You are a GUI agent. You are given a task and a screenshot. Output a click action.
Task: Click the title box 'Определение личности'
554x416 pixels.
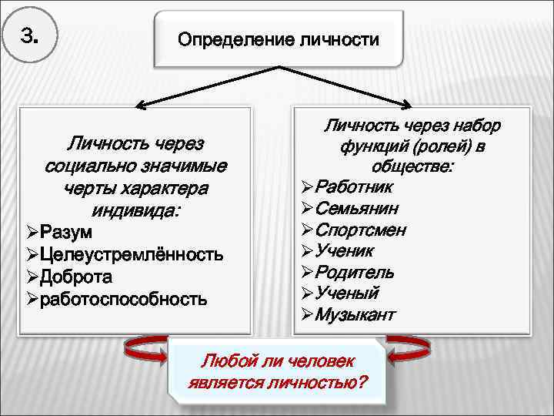tap(278, 39)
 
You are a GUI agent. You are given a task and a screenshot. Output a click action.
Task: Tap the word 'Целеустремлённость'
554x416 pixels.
tap(132, 254)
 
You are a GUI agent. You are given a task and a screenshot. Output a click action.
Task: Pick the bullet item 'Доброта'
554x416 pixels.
tap(76, 277)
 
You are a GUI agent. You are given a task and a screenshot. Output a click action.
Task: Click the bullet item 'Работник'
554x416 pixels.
tap(355, 187)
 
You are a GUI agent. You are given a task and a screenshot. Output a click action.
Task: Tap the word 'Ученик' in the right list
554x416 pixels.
tap(345, 250)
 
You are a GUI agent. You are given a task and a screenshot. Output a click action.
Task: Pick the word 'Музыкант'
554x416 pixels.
tap(355, 314)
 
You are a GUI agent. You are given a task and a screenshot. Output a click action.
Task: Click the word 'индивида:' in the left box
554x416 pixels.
tap(135, 210)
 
